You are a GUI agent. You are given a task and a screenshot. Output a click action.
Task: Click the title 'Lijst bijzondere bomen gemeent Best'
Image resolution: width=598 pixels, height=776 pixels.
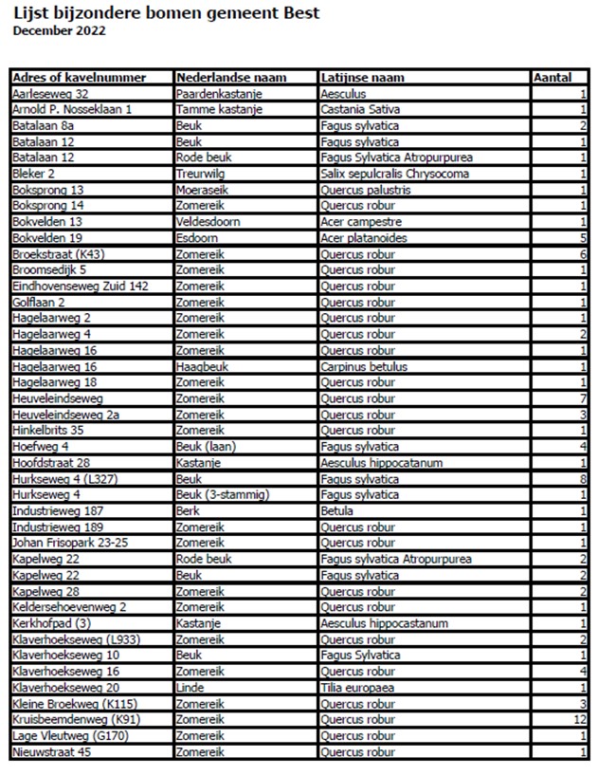[166, 12]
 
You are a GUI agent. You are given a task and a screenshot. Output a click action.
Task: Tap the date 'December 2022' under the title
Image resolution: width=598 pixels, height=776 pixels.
[59, 30]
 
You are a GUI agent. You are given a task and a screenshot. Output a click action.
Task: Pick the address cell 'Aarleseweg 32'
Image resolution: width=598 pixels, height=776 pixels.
[51, 94]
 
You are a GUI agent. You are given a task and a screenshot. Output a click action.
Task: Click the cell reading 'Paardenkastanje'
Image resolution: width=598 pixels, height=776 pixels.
[220, 94]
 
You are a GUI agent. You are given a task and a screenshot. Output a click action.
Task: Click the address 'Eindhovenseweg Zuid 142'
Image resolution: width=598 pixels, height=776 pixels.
[82, 286]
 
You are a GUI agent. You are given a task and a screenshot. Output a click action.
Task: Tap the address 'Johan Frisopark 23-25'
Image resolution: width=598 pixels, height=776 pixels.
[70, 543]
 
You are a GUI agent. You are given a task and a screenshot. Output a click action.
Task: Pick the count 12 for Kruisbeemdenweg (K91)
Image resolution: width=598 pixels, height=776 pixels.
[580, 720]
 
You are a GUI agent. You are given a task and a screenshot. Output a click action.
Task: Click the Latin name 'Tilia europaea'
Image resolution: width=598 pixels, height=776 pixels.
[358, 688]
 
